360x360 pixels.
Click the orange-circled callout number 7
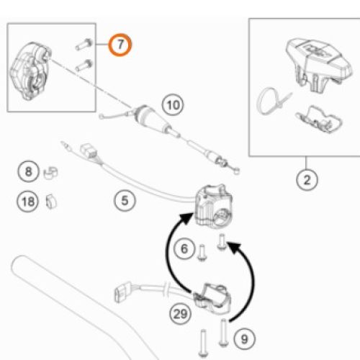120,45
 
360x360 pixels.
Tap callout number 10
173,105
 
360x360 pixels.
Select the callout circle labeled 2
307,180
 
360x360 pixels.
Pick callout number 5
125,200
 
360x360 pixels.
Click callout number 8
28,171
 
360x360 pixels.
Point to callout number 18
28,201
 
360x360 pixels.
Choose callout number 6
184,248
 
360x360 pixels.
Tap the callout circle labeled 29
180,314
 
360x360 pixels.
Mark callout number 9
244,339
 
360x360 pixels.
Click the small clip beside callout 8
51,173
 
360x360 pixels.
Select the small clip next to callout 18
51,201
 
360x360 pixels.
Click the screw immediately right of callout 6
202,253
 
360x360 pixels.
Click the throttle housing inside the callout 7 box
30,71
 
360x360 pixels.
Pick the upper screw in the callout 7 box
84,45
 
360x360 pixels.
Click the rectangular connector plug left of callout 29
122,292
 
